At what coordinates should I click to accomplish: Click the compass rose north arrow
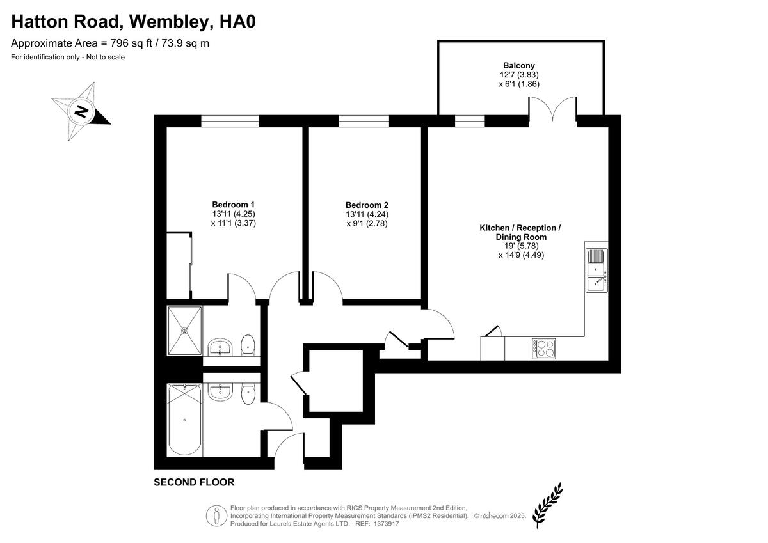pyautogui.click(x=81, y=111)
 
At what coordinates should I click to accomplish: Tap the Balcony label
pyautogui.click(x=518, y=65)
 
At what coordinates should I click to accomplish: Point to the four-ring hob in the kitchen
pyautogui.click(x=543, y=349)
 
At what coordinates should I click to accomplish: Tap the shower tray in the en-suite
pyautogui.click(x=184, y=331)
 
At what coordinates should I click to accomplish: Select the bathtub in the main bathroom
pyautogui.click(x=184, y=420)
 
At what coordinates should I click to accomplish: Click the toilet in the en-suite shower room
pyautogui.click(x=248, y=346)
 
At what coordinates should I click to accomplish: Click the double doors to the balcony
pyautogui.click(x=553, y=109)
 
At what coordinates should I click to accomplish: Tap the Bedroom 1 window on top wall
pyautogui.click(x=230, y=121)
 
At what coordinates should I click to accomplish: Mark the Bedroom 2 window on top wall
pyautogui.click(x=364, y=121)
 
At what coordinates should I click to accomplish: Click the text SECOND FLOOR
pyautogui.click(x=194, y=482)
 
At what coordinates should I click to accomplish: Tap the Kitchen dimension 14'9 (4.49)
pyautogui.click(x=521, y=255)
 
